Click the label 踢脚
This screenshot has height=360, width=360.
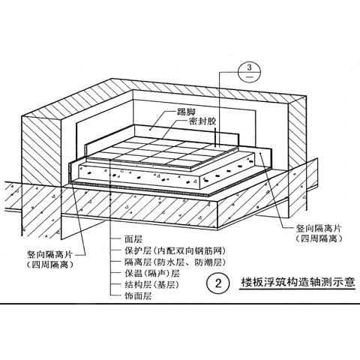[x=186, y=112]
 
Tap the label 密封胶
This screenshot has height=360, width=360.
[x=202, y=122]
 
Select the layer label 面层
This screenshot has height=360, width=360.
[x=133, y=239]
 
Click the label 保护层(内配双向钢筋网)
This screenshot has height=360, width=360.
[x=175, y=250]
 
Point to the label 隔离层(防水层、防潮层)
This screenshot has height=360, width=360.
[x=175, y=262]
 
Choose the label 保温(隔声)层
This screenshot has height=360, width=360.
[x=152, y=273]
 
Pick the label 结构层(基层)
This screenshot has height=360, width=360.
[x=152, y=284]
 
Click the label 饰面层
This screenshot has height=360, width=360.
[x=138, y=296]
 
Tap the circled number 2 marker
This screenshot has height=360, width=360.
[x=218, y=283]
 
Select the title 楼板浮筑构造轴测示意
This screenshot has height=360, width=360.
[x=298, y=283]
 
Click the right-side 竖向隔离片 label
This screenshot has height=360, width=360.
[x=318, y=228]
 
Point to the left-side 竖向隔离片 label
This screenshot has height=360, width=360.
[x=50, y=255]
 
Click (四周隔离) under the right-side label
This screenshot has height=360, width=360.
[x=319, y=239]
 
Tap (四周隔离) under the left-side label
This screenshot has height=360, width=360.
[x=50, y=265]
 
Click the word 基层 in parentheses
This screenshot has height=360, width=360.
[x=166, y=284]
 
